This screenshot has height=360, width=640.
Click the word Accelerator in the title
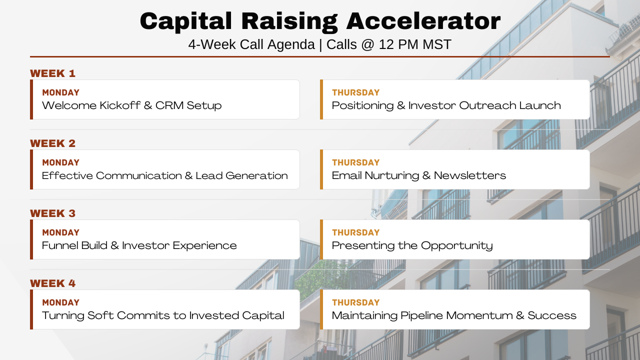pyautogui.click(x=423, y=21)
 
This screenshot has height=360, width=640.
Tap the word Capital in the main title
pyautogui.click(x=185, y=21)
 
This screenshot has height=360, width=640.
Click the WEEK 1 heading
pyautogui.click(x=53, y=73)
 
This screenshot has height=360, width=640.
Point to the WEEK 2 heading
pyautogui.click(x=53, y=143)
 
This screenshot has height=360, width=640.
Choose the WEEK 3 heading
pyautogui.click(x=53, y=213)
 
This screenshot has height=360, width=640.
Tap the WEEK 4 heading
pyautogui.click(x=53, y=283)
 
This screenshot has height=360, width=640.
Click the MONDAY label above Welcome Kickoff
pyautogui.click(x=61, y=92)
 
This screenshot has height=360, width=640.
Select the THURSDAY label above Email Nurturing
pyautogui.click(x=355, y=162)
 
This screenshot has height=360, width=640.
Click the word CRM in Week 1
pyautogui.click(x=169, y=105)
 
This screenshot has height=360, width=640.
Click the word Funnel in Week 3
pyautogui.click(x=60, y=245)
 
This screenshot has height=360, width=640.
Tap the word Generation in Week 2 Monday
pyautogui.click(x=256, y=175)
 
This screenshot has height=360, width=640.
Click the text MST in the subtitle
pyautogui.click(x=437, y=45)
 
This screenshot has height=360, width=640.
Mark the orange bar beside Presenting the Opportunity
pyautogui.click(x=321, y=239)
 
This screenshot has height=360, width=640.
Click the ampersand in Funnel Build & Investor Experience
pyautogui.click(x=114, y=245)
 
